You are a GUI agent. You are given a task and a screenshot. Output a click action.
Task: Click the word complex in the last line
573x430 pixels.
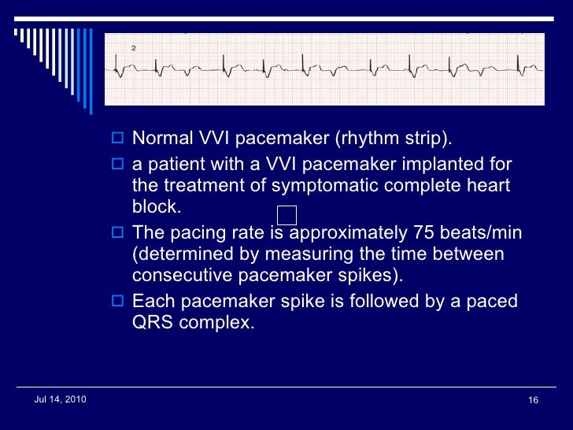[x=216, y=323]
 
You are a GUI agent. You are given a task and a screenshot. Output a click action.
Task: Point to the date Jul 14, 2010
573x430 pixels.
[x=61, y=400]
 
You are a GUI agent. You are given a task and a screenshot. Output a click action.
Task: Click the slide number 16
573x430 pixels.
[x=533, y=401]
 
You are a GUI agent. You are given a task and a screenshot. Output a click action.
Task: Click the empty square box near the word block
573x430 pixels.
[x=288, y=215]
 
